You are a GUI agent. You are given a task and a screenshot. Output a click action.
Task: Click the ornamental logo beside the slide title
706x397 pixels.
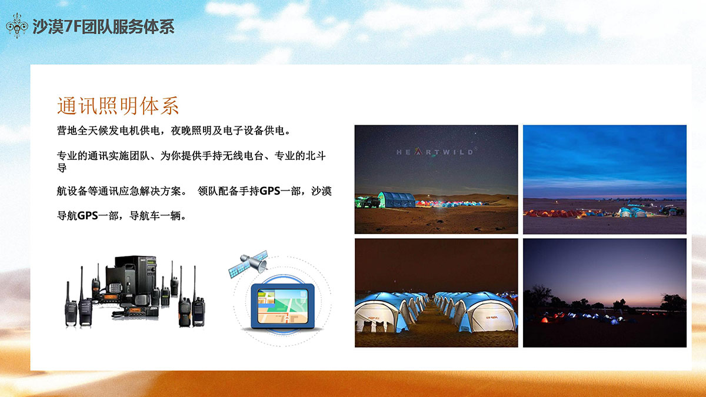(x=17, y=26)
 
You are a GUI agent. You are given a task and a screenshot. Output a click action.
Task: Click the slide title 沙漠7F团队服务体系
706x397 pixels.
(x=104, y=26)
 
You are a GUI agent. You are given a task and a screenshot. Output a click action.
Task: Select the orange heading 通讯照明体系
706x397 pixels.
(x=118, y=105)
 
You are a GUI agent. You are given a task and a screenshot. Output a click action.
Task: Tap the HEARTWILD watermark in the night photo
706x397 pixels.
(x=435, y=152)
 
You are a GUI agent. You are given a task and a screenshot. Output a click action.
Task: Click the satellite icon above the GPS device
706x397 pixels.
(x=249, y=263)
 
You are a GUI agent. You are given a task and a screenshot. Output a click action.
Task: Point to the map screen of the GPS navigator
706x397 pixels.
(x=282, y=306)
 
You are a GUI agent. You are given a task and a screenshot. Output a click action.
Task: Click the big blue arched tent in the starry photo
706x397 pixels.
(x=397, y=200)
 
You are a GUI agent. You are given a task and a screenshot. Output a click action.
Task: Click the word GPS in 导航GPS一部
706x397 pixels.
(x=87, y=216)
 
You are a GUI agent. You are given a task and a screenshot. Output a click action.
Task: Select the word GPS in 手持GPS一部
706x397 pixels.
(x=270, y=191)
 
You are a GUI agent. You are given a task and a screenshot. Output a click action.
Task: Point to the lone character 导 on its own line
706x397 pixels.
(x=62, y=168)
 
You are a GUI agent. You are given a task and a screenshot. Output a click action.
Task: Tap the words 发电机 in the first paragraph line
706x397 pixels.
(x=124, y=131)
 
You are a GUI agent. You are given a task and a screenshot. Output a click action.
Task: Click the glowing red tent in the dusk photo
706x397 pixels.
(x=545, y=320)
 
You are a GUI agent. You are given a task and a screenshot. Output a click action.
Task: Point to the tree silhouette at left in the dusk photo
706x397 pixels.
(x=540, y=297)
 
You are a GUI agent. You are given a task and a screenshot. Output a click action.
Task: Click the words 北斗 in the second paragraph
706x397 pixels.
(x=316, y=156)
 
